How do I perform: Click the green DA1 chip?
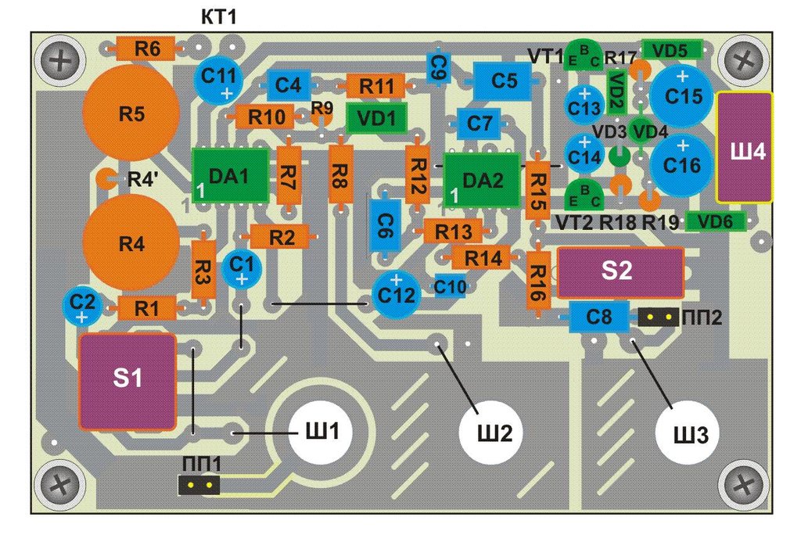(x=231, y=176)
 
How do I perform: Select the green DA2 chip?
(x=482, y=181)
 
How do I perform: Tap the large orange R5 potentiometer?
(x=131, y=113)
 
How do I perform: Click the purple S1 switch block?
(x=128, y=381)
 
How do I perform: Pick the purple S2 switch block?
(x=620, y=272)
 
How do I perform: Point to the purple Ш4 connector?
(x=745, y=148)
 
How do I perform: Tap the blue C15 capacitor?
(x=682, y=95)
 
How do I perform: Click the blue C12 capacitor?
(x=397, y=295)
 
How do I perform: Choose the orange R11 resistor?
(x=375, y=86)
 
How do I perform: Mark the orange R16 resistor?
(x=538, y=281)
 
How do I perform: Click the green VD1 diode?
(x=376, y=118)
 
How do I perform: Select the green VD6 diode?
(x=715, y=221)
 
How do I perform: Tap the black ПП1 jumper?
(x=199, y=485)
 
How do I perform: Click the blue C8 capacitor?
(x=598, y=317)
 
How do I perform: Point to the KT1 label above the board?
(x=219, y=17)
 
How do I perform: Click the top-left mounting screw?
(x=61, y=61)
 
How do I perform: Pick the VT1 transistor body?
(x=584, y=56)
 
